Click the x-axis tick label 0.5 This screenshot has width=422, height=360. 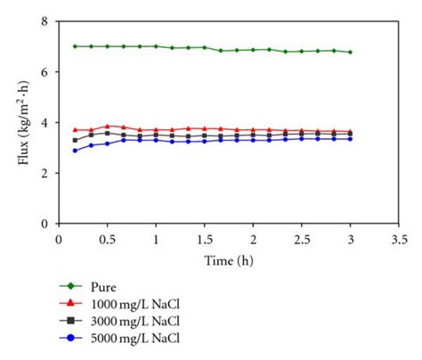(x=108, y=241)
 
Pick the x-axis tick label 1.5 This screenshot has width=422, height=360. (x=205, y=241)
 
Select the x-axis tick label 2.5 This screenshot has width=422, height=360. (x=302, y=241)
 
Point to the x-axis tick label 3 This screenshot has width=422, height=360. (x=351, y=241)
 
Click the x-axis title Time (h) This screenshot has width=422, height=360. (x=229, y=260)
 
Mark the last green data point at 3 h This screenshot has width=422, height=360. (x=350, y=52)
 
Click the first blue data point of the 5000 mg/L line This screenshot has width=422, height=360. (x=75, y=150)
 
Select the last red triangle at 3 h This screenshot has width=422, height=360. (x=350, y=131)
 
